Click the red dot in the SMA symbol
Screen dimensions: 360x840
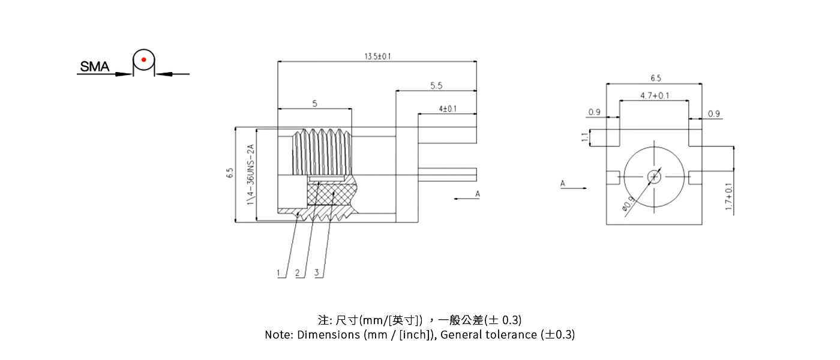click(143, 59)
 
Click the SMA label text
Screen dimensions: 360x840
click(95, 67)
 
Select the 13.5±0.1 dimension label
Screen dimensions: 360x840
click(378, 56)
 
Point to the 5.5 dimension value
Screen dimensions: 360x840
click(436, 86)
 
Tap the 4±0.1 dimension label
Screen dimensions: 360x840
click(448, 109)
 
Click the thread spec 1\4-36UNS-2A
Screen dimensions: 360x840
click(251, 175)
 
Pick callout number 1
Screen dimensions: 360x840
click(278, 273)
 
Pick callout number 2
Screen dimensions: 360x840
click(297, 273)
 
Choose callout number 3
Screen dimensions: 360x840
click(316, 273)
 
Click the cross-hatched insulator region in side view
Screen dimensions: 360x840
click(332, 194)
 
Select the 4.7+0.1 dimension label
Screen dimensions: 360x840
click(655, 96)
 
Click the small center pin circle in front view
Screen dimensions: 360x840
click(654, 176)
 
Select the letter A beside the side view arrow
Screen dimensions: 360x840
click(478, 194)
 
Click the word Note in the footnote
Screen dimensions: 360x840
click(278, 335)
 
